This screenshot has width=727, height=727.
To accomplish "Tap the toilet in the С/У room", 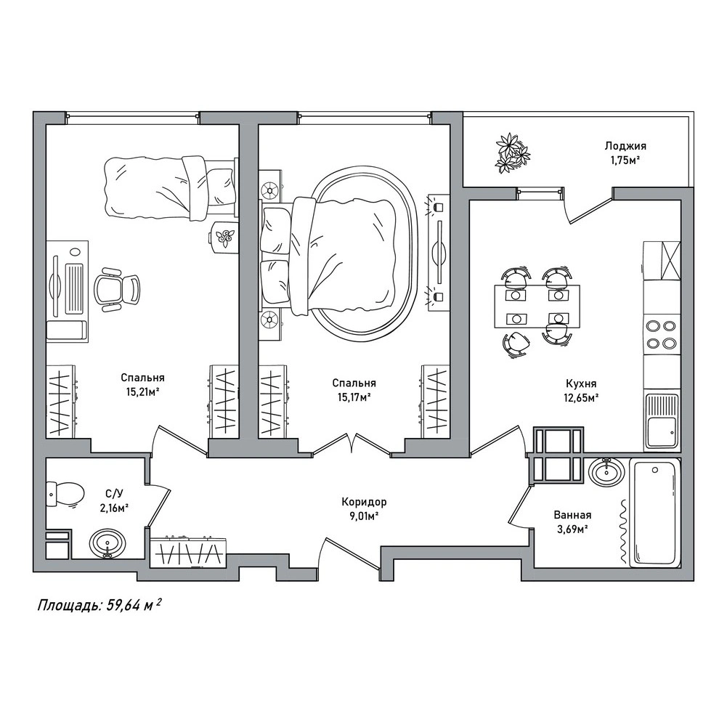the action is pyautogui.click(x=65, y=494).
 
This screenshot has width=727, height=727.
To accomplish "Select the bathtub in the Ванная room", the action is pyautogui.click(x=654, y=512).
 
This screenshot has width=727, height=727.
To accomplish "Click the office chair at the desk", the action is pyautogui.click(x=116, y=289).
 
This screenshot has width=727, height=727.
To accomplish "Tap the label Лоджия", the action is pyautogui.click(x=625, y=146).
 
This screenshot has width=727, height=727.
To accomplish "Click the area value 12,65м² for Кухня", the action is pyautogui.click(x=581, y=397).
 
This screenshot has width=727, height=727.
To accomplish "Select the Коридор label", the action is pyautogui.click(x=364, y=502).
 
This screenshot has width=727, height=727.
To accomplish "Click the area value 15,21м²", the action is pyautogui.click(x=143, y=392).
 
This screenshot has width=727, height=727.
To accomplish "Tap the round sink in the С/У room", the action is pyautogui.click(x=107, y=543).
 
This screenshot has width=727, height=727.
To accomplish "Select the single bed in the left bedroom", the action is pyautogui.click(x=168, y=187).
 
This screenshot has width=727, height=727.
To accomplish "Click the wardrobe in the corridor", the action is pyautogui.click(x=189, y=552).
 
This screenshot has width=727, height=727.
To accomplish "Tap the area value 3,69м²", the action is pyautogui.click(x=572, y=528).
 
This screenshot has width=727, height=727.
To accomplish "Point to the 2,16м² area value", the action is pyautogui.click(x=113, y=508).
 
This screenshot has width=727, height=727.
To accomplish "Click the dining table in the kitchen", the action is pyautogui.click(x=537, y=306).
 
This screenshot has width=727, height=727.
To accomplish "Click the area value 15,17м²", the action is pyautogui.click(x=354, y=397).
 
